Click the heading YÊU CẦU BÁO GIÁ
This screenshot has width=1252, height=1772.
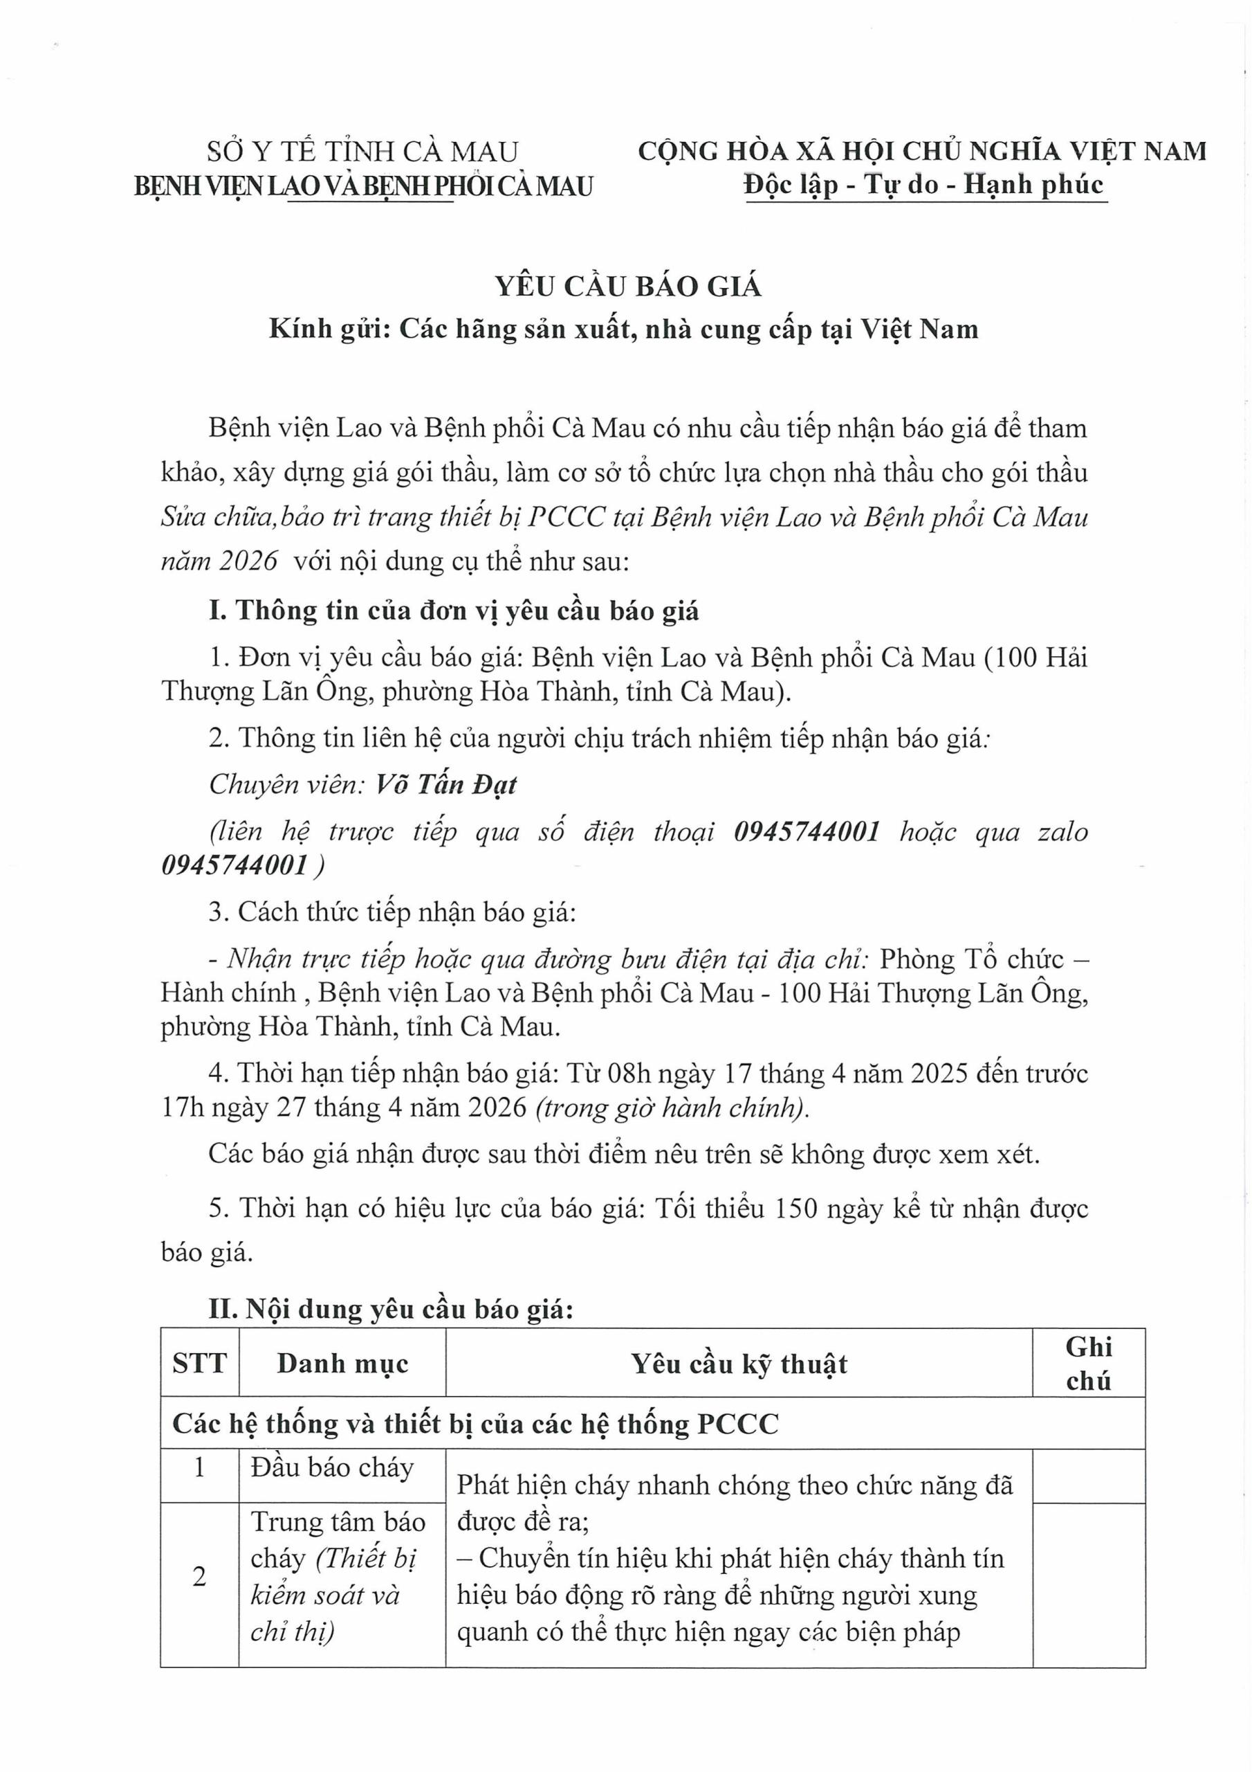coord(628,287)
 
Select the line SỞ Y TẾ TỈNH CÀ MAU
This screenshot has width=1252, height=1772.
coord(362,152)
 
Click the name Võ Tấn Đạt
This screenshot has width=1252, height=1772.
coord(446,785)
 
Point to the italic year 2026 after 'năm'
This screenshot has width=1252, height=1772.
coord(248,561)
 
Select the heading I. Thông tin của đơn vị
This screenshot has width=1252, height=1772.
coord(454,611)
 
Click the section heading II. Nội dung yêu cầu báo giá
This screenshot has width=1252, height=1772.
coord(391,1309)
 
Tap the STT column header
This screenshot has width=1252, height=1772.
coord(200,1363)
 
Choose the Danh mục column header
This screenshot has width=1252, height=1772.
coord(342,1363)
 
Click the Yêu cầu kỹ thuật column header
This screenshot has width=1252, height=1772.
coord(738,1364)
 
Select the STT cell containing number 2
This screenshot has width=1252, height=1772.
coord(200,1576)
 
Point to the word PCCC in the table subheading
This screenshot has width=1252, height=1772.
coord(737,1423)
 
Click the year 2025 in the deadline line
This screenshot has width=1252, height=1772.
coord(939,1074)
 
